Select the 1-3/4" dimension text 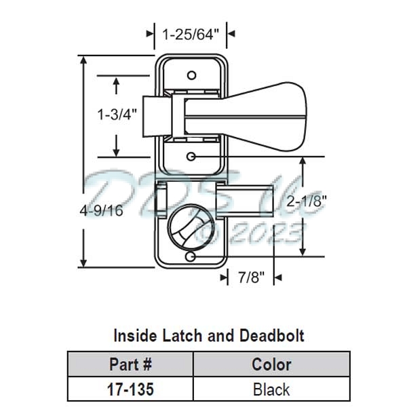117,114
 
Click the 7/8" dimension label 252,277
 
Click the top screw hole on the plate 192,73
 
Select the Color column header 271,364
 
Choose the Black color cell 271,389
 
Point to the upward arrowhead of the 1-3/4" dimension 117,81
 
